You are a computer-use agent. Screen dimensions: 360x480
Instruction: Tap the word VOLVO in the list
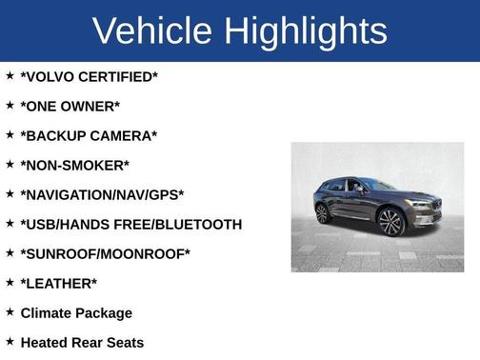(x=51, y=76)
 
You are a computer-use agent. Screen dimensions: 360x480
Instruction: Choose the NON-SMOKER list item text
(x=74, y=165)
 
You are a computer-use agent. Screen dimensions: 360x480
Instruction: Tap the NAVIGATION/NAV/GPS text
(x=102, y=194)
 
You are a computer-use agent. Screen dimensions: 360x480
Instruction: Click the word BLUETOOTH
(x=196, y=224)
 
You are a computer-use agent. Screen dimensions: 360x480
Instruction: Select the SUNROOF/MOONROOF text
(x=105, y=253)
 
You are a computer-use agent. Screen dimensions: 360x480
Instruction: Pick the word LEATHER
(x=58, y=283)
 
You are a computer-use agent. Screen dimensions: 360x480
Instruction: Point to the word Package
(x=107, y=312)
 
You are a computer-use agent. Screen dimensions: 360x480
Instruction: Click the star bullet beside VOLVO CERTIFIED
(x=10, y=75)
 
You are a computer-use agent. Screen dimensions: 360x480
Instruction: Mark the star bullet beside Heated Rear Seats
(x=10, y=341)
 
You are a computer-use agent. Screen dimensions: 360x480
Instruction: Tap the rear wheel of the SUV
(x=323, y=214)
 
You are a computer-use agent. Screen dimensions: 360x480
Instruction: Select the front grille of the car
(x=437, y=205)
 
